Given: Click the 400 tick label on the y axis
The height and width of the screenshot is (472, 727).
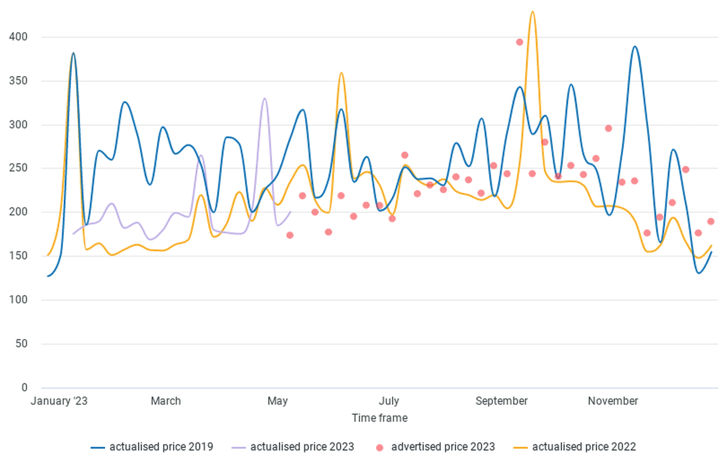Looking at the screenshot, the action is [18, 37].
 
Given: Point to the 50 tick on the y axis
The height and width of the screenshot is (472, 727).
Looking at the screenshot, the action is [21, 344].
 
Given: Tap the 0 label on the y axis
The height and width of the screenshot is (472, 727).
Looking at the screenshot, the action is [24, 388].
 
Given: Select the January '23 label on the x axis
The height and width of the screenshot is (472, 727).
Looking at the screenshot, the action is [59, 401].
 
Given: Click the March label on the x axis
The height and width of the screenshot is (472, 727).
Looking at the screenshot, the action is [166, 401].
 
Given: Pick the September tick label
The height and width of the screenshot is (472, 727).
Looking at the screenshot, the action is [502, 401].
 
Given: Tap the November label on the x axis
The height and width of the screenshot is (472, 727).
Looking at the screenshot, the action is [613, 401].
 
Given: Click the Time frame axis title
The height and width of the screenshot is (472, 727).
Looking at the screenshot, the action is [380, 418].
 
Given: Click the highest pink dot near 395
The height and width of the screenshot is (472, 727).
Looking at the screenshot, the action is [520, 42].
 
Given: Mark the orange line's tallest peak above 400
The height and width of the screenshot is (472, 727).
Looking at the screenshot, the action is [532, 12].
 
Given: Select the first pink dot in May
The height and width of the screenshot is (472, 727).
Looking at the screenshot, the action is [290, 235].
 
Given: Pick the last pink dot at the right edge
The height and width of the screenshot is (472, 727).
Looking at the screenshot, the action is [711, 221].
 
